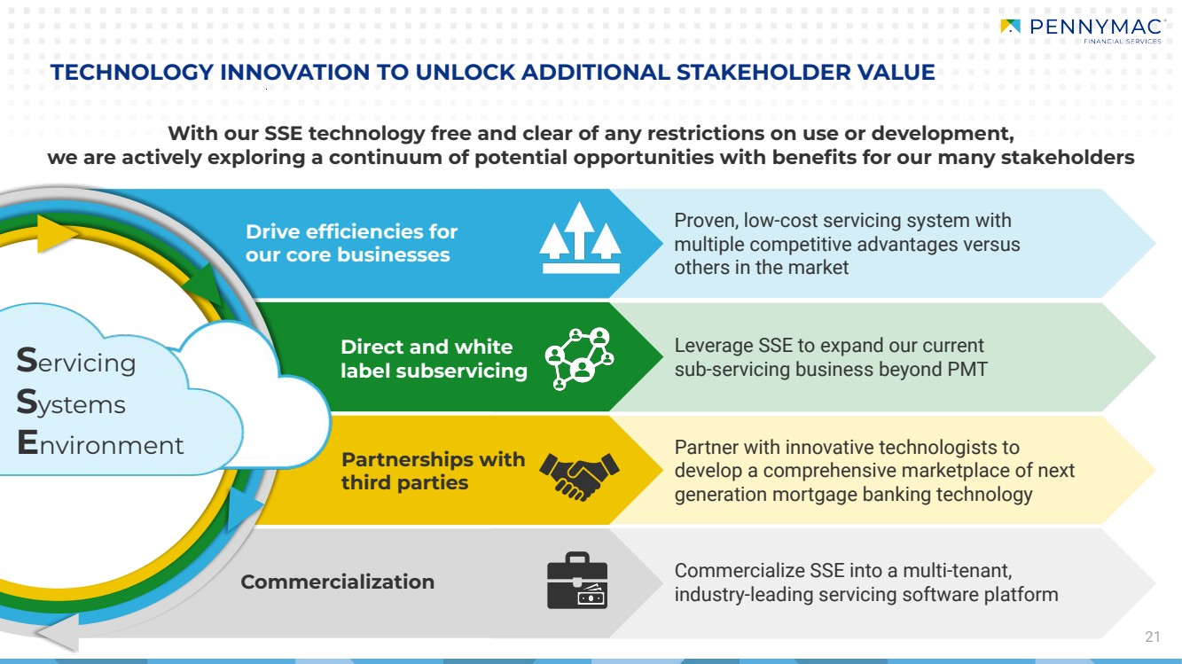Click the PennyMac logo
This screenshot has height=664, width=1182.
click(1080, 29)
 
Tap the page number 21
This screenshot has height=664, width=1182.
click(1152, 637)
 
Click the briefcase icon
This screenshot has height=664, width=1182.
click(578, 581)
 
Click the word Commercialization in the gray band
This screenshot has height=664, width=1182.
click(337, 582)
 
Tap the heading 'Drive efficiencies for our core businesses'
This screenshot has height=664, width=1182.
click(351, 243)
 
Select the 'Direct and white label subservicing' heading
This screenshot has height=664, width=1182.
click(433, 358)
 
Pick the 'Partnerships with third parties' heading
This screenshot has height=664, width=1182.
click(432, 472)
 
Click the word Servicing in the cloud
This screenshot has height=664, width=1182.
click(77, 362)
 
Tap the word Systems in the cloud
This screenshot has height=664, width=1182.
click(72, 403)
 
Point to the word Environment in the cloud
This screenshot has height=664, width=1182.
click(100, 444)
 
